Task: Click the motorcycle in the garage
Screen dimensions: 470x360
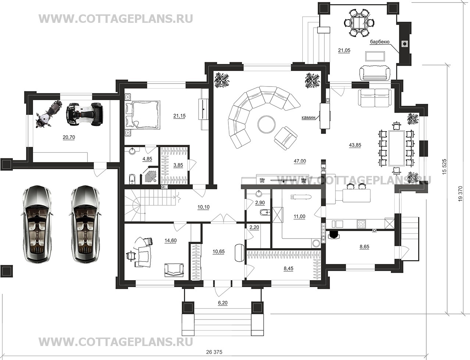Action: tap(49, 115)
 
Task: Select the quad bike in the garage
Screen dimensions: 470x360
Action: tap(85, 114)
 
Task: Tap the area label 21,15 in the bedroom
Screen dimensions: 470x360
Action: tap(179, 116)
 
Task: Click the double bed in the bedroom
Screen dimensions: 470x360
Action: tap(143, 115)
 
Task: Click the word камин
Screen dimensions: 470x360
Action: tap(308, 117)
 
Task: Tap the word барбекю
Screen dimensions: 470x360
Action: tap(380, 42)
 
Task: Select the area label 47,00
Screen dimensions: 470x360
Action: tap(300, 161)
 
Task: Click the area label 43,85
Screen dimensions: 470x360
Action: tap(355, 145)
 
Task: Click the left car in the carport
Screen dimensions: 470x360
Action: tap(37, 224)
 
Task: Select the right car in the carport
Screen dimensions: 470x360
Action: tap(85, 224)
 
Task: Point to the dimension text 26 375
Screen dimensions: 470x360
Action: tap(214, 352)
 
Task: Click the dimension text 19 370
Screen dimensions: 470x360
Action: tap(460, 194)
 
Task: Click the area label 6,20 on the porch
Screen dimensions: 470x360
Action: tap(222, 303)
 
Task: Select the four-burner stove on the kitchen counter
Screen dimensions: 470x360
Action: tap(362, 224)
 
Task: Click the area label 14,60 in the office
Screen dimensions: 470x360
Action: tap(170, 241)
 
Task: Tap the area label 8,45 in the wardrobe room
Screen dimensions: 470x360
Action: tap(288, 268)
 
